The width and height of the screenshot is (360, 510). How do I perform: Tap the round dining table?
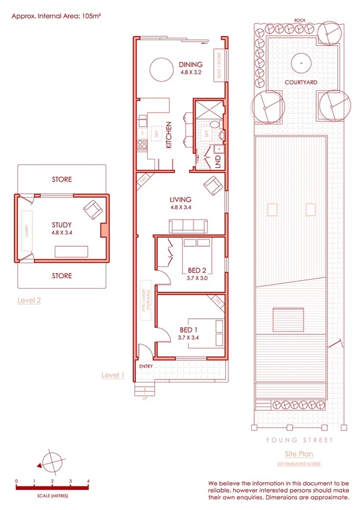(160, 69)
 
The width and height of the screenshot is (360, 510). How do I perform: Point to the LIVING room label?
(180, 200)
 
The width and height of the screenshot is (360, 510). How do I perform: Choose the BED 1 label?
(189, 330)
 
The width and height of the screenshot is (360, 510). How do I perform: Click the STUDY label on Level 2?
(62, 226)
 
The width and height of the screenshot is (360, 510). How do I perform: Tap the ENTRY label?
(145, 366)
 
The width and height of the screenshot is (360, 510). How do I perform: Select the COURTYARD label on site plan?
(301, 82)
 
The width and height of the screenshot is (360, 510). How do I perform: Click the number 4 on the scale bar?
(88, 481)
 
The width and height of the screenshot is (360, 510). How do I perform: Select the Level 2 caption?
(28, 299)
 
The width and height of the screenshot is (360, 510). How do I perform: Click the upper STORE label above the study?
(61, 179)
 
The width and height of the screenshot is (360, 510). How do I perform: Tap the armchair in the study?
(93, 210)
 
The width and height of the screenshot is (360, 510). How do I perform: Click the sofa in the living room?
(188, 227)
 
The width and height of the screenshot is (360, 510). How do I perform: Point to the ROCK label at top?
(299, 20)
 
